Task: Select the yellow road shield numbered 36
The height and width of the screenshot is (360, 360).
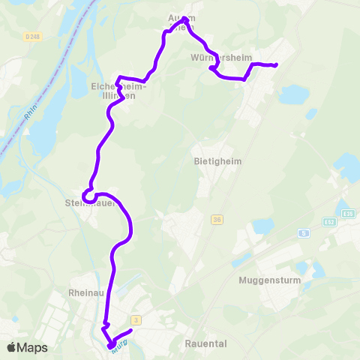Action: [x=217, y=219]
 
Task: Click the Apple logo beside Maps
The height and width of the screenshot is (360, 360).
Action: [x=11, y=347]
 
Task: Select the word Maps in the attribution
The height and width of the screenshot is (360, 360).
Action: [x=33, y=347]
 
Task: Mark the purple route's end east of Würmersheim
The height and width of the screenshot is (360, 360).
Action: [x=276, y=65]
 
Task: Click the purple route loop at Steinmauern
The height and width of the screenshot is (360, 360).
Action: [x=89, y=196]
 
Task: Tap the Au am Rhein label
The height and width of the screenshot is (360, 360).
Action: [x=181, y=22]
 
